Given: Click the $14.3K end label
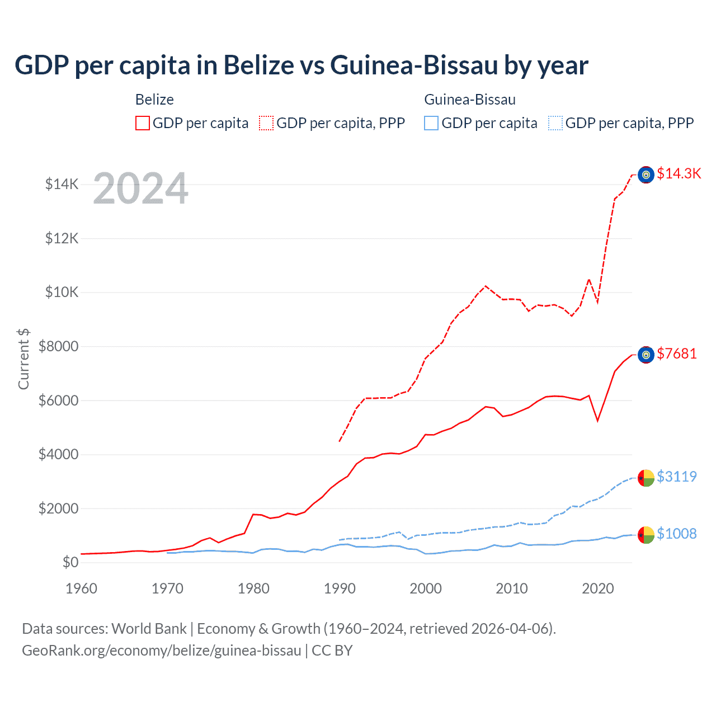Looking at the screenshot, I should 679,173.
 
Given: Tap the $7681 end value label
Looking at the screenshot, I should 677,354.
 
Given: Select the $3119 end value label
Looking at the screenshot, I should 677,477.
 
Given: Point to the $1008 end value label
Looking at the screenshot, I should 677,534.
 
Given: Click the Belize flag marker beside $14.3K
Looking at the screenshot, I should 646,175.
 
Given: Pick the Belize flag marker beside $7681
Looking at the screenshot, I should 646,355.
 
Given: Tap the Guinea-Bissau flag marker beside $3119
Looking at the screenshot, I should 646,478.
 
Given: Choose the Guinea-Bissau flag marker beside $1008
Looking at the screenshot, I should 646,535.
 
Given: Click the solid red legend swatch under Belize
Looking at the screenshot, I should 143,123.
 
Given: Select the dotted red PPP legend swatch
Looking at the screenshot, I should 266,123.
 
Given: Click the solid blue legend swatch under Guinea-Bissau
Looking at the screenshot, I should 431,123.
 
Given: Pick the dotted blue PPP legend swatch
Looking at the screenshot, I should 555,123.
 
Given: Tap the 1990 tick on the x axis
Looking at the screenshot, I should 340,588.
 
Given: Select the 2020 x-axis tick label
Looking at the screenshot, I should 598,588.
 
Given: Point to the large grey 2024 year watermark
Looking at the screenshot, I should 140,189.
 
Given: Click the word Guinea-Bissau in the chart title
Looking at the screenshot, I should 414,65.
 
